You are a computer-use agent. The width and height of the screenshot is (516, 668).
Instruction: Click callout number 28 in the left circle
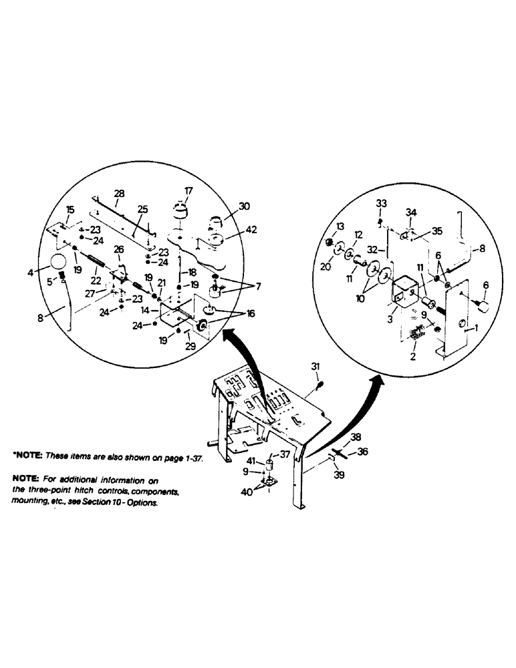coord(119,194)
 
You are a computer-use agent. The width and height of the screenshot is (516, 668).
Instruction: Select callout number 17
coord(188,190)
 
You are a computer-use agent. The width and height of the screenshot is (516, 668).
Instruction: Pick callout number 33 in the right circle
coord(380,203)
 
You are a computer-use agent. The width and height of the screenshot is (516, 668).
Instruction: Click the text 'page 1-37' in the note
coord(182,460)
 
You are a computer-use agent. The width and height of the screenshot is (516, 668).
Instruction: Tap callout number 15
coord(70,210)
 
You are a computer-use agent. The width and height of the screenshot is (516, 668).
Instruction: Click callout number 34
coord(411,212)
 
